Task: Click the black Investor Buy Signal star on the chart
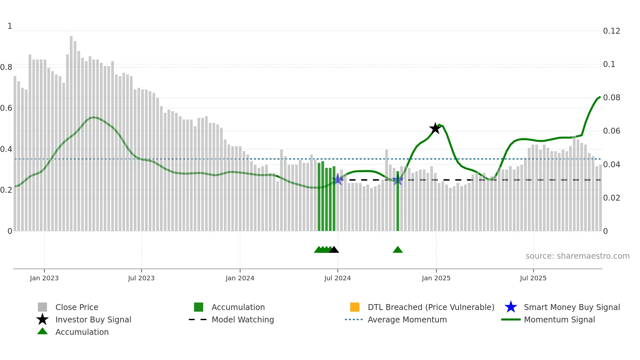point(435,128)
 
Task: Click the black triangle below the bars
point(334,250)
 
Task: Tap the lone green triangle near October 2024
point(397,250)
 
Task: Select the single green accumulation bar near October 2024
point(398,201)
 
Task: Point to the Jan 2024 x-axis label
point(240,278)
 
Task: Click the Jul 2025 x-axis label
point(533,278)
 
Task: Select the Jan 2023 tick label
point(44,278)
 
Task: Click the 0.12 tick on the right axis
point(611,31)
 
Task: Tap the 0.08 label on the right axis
point(611,98)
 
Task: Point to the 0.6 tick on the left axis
point(6,108)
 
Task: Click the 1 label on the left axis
point(10,26)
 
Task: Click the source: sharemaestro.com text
point(577,256)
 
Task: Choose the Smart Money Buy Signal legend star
point(511,307)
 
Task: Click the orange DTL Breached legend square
point(355,307)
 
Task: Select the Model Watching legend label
point(243,319)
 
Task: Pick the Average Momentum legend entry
point(407,319)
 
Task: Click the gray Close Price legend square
point(42,307)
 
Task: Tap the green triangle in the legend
point(42,332)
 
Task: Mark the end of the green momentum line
point(600,97)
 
